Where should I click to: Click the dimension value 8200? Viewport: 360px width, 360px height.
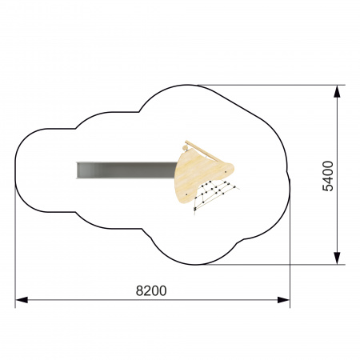[x=151, y=290]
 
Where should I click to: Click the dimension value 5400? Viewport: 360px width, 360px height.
[x=328, y=176]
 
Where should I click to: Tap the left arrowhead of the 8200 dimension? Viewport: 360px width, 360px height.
[x=22, y=300]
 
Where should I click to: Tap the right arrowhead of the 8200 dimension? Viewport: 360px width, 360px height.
[x=283, y=300]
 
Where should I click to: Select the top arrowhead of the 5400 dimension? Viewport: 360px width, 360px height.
[x=337, y=91]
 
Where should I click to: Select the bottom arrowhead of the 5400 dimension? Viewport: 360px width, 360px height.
[x=337, y=258]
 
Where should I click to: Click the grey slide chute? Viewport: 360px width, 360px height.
[x=126, y=170]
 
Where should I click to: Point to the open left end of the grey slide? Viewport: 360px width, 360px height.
[x=77, y=170]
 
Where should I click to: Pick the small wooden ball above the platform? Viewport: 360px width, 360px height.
[x=185, y=147]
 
